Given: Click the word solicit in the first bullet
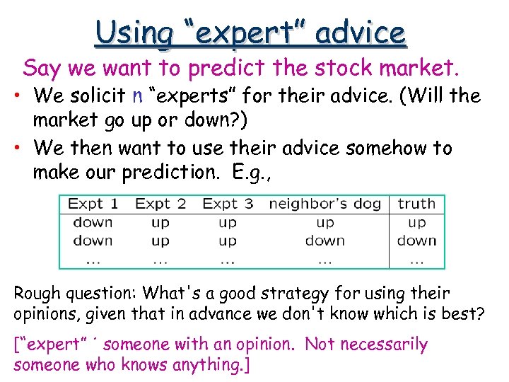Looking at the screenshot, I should [96, 95].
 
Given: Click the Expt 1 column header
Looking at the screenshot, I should [93, 204].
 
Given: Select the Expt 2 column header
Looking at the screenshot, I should [160, 204].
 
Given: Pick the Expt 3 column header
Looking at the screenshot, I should [228, 204].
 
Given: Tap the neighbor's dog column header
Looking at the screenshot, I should [324, 204].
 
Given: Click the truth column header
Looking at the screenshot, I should [416, 204].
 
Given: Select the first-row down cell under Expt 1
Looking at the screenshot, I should [93, 223].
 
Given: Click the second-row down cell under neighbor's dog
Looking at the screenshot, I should [324, 241].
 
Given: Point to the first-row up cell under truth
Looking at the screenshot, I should [416, 223].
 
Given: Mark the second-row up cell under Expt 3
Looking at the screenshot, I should [228, 241].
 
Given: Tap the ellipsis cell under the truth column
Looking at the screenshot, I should [416, 260].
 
